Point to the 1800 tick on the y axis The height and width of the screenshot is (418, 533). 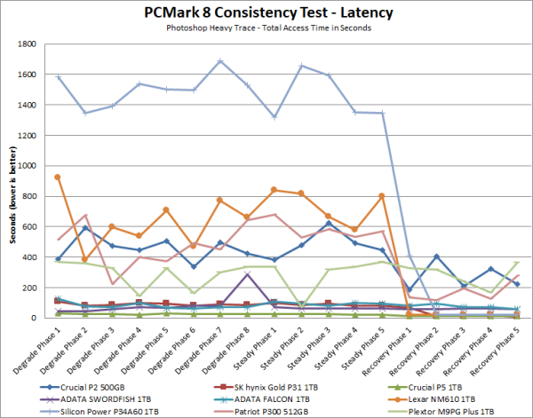[x=25, y=44]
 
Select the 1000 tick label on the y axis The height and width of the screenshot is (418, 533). [x=25, y=166]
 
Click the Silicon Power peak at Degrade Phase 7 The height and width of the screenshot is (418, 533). [x=220, y=61]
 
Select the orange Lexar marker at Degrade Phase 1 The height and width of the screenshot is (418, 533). [x=58, y=177]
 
